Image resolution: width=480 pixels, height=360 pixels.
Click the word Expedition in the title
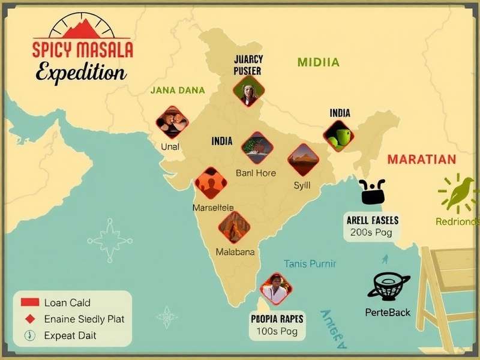point(80,73)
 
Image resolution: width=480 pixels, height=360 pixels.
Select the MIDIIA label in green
point(317,62)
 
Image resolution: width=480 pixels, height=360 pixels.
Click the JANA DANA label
point(177,90)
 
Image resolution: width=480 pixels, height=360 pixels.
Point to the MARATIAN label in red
point(421,160)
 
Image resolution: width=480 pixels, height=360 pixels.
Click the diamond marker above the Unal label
point(172,122)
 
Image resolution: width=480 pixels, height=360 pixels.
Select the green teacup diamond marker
point(338,136)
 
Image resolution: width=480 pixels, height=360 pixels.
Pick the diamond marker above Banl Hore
point(257,148)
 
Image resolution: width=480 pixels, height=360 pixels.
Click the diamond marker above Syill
point(303,159)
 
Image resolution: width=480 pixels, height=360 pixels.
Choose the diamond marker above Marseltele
point(211,183)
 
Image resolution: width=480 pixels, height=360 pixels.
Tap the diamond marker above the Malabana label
point(234,227)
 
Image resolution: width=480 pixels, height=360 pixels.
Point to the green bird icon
point(458,193)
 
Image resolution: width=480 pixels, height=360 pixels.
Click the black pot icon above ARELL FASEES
point(372,192)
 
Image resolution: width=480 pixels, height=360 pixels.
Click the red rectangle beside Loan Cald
point(29,302)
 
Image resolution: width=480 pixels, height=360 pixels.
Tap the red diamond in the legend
point(29,319)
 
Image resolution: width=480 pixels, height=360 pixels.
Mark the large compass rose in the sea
point(110,241)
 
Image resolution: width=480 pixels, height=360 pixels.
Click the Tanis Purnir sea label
point(310,263)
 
